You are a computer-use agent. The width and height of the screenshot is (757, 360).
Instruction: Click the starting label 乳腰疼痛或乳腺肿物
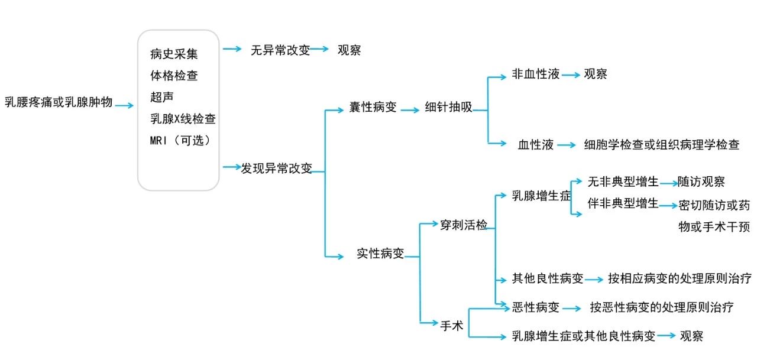coord(59,102)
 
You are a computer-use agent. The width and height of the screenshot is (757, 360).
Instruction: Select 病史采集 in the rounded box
coord(174,54)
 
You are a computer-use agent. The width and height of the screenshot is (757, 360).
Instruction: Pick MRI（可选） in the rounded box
coord(180,141)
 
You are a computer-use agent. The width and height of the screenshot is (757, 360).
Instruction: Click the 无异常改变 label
coord(280,50)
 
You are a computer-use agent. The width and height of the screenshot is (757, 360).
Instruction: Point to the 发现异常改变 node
coord(276,168)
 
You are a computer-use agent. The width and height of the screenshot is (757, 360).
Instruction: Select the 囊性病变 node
coord(373,109)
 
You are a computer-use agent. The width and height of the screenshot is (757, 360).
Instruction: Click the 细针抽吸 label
coord(449,109)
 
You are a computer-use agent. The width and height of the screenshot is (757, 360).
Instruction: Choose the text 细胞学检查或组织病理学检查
coord(661,144)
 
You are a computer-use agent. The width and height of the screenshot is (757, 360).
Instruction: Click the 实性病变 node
coord(380,254)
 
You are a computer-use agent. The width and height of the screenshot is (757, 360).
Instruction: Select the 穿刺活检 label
coord(464,225)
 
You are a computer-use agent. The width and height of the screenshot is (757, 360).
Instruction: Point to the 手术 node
coord(452,324)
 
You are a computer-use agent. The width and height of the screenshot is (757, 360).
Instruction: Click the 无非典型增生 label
coord(623,182)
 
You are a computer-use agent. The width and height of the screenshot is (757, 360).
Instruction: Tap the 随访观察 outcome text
coord(701,182)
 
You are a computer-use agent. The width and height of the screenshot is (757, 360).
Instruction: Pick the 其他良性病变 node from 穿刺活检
coord(548,278)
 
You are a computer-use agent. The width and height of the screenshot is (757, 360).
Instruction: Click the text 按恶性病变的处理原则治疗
coord(661,307)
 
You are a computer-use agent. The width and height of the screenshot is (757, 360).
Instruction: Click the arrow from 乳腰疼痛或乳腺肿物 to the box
coord(125,106)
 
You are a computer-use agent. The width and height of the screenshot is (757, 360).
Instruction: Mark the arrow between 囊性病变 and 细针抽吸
coord(410,109)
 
